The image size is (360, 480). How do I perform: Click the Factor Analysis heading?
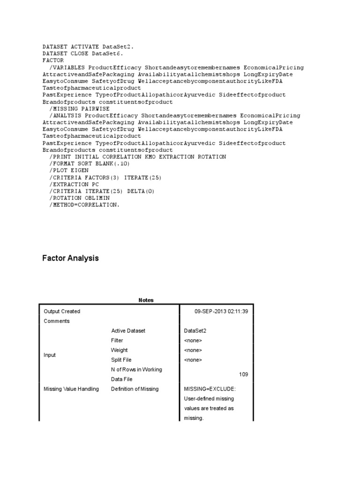point(70,258)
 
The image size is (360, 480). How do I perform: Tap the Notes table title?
point(146,300)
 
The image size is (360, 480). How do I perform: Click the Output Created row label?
point(62,311)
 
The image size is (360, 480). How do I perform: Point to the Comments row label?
point(57,321)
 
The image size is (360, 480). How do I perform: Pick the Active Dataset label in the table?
point(128,331)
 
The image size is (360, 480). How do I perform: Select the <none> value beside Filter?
point(193,341)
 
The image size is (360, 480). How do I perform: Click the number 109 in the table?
point(243,375)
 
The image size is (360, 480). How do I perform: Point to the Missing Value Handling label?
point(71,389)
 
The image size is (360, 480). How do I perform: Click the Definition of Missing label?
point(135,389)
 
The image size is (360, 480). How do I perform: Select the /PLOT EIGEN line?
point(69,171)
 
